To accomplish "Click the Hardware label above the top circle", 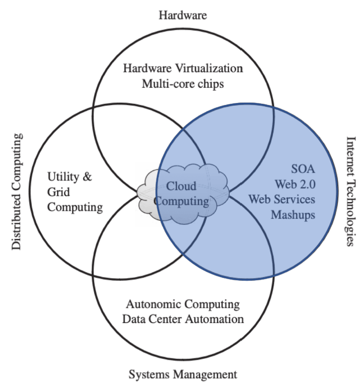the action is (183, 15).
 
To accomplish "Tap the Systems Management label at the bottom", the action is (183, 374).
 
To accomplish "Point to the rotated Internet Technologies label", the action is (350, 191).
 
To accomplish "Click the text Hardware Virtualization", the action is (183, 68).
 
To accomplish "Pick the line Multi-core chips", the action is (183, 84).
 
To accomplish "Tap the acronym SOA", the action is (303, 169).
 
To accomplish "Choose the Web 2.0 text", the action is (295, 184).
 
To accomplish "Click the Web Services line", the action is (282, 199).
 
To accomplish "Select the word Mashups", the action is (293, 215).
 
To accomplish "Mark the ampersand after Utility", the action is (87, 177).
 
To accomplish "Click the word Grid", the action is (59, 192).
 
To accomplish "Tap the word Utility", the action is (63, 177).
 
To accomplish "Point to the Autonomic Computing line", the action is (183, 304).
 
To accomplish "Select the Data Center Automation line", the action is (183, 319).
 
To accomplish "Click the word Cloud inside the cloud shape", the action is (181, 186).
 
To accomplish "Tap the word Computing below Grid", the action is (75, 207).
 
